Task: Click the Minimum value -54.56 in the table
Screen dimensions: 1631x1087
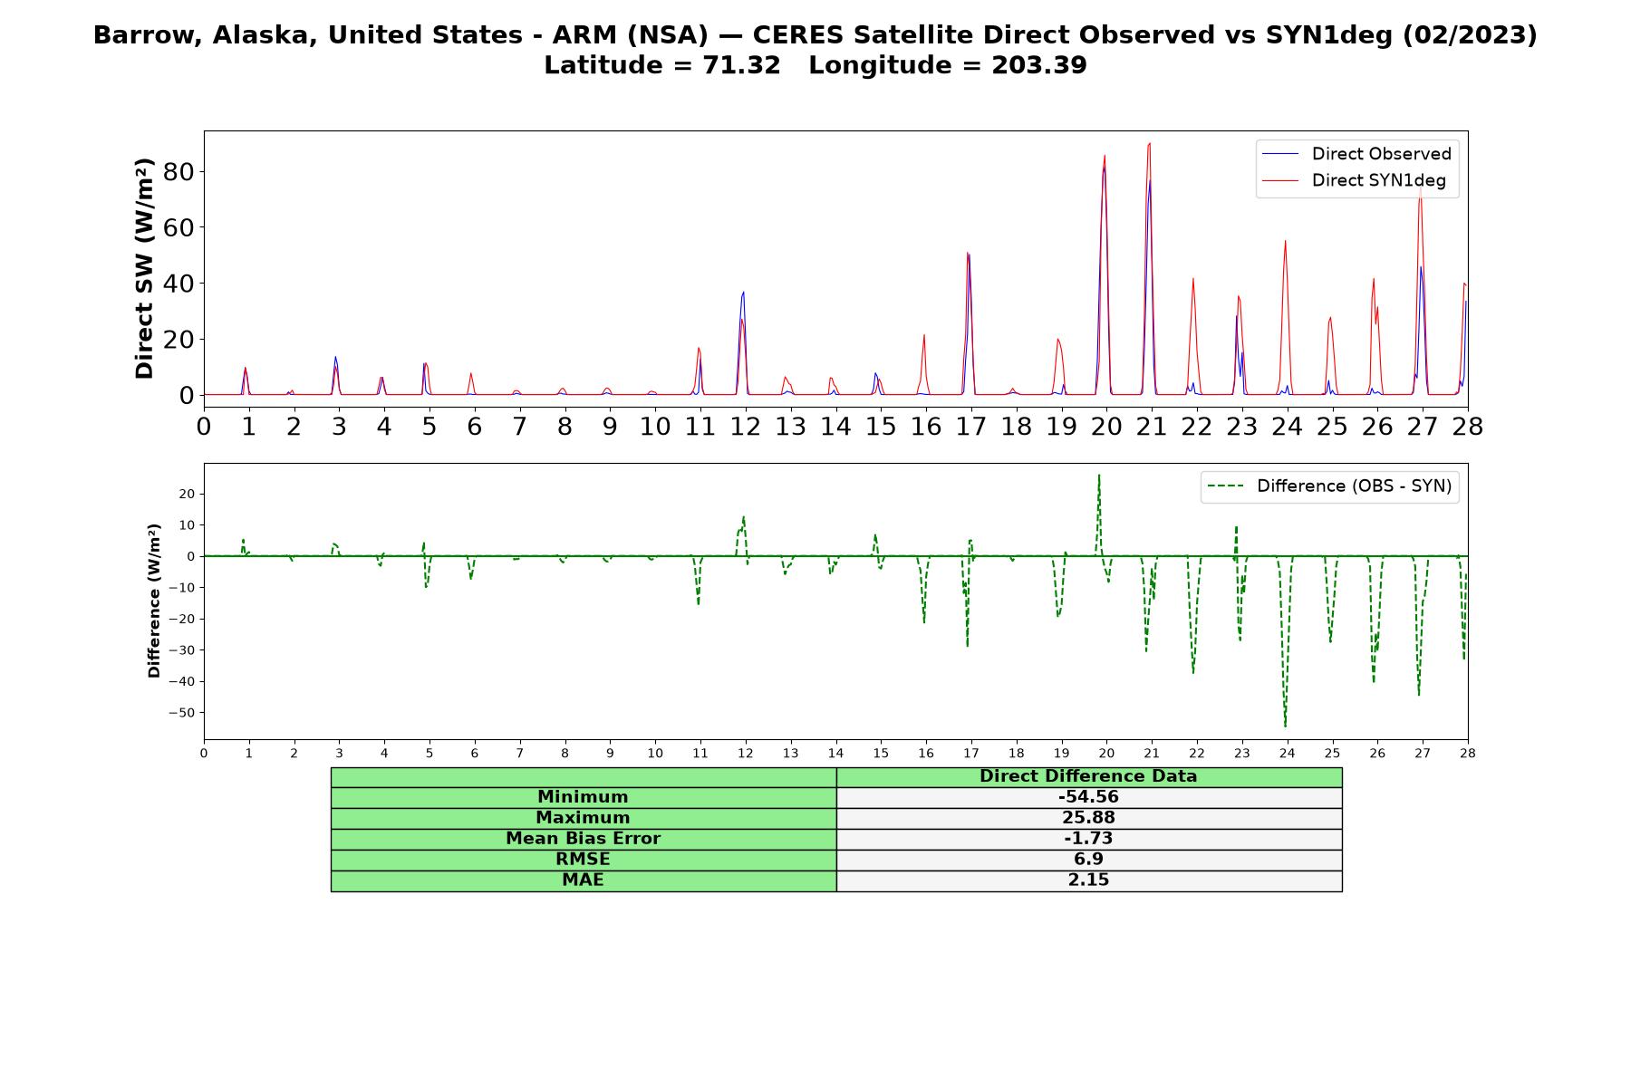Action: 1088,797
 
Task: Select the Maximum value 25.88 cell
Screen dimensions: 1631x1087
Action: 1088,818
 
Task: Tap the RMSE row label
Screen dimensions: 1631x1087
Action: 583,860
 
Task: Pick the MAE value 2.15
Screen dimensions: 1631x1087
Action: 1088,880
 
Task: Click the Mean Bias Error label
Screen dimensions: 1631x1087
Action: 583,839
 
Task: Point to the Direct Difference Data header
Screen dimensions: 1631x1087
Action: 1088,776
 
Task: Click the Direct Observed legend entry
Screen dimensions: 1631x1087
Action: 1357,154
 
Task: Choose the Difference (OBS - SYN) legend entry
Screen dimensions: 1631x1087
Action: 1330,486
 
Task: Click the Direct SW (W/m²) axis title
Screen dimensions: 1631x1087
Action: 144,269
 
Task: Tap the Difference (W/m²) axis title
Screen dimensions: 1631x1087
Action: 154,601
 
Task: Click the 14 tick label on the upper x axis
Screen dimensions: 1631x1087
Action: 835,426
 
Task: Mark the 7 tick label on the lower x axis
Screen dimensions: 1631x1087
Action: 520,753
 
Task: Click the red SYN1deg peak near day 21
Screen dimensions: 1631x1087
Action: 1150,143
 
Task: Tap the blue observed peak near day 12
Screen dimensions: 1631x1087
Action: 743,292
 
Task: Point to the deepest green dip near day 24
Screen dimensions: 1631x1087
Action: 1285,726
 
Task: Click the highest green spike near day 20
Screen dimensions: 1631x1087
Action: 1099,475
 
